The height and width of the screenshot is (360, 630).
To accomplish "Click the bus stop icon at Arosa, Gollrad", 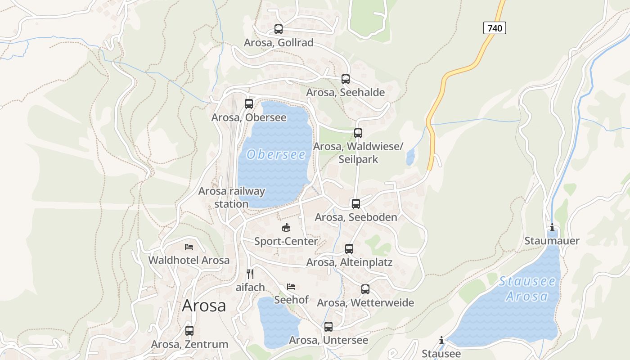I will click(279, 29).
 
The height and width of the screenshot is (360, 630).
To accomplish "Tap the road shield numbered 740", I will click(495, 28).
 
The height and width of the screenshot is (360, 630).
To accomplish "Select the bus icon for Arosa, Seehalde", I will click(346, 79).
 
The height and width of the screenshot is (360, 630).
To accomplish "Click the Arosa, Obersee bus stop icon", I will click(249, 104).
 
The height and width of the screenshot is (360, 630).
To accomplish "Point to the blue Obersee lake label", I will click(276, 155).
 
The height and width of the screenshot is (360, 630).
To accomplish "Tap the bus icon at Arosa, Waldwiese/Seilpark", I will click(358, 133).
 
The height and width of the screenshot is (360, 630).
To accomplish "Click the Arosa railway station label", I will click(231, 197).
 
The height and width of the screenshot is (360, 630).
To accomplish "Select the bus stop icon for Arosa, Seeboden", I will click(356, 204).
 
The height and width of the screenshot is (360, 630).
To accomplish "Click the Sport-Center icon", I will click(286, 228).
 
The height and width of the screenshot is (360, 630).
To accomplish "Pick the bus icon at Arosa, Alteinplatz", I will click(349, 249).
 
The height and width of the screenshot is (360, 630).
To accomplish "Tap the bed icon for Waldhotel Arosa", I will click(189, 247).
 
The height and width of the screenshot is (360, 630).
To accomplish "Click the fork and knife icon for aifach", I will click(250, 274).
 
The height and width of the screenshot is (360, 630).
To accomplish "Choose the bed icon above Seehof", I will click(292, 286).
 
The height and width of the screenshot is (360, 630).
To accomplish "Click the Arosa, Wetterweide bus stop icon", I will click(365, 289).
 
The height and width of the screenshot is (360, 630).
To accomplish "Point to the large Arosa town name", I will click(204, 306).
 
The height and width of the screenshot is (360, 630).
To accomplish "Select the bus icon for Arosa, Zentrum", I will click(189, 331).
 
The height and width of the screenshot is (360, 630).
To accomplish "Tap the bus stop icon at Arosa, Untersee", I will click(328, 327).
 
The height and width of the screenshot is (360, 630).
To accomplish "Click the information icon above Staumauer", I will click(552, 227).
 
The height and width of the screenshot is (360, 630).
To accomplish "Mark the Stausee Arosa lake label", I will click(527, 289).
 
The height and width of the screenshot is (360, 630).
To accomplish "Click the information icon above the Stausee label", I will click(441, 340).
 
